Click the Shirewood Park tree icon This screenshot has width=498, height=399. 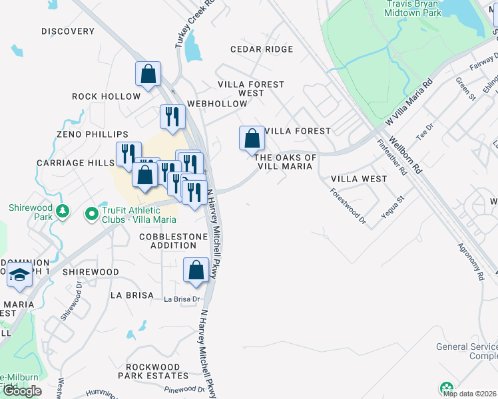tap(63, 211)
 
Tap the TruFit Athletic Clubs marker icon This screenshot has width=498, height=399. tap(92, 214)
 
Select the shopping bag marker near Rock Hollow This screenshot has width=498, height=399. tap(148, 73)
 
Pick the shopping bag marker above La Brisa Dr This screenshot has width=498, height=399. tap(196, 270)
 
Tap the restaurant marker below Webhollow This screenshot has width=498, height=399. tap(172, 116)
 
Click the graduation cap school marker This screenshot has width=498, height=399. tap(19, 275)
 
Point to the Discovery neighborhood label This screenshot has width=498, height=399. tap(68, 31)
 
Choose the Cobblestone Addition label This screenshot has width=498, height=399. tap(168, 241)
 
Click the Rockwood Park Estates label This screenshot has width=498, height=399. tap(153, 371)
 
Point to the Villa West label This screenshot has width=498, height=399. tap(359, 179)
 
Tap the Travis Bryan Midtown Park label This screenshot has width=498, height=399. tap(414, 9)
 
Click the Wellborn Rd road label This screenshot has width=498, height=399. tap(405, 155)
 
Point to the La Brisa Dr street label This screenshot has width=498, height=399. tap(182, 299)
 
